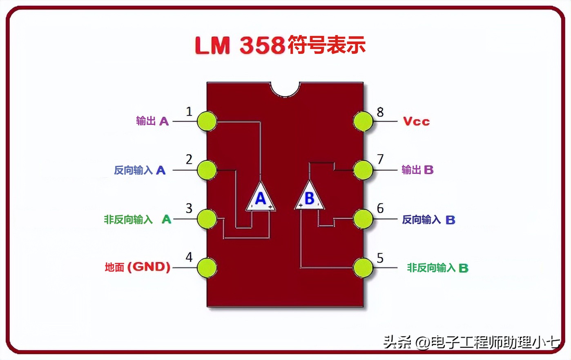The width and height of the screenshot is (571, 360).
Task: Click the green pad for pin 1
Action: coord(207,121)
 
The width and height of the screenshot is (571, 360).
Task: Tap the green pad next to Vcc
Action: coord(363,121)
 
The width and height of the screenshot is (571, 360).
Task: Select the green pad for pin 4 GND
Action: coord(207,268)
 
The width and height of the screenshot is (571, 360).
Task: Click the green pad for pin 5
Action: coord(363,268)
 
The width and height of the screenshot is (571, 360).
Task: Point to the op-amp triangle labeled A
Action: coord(261,198)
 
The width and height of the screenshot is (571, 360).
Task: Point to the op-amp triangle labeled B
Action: coord(309,198)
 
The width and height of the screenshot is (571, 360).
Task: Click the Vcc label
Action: coord(416,122)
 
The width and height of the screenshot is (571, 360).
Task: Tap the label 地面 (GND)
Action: coord(137,267)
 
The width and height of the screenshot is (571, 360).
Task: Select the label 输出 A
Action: coord(152,121)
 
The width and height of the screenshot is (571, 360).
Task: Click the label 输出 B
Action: coord(417,170)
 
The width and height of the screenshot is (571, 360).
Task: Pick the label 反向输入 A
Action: coord(139,170)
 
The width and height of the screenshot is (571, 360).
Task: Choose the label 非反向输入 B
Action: coord(437,268)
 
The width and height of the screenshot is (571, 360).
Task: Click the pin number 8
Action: coord(380,112)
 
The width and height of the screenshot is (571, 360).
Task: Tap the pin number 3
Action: coord(189,209)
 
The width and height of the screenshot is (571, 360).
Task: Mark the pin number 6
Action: coord(380,209)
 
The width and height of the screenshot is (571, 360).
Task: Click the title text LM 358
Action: coord(240,45)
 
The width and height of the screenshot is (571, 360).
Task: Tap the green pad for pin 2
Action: coord(207,170)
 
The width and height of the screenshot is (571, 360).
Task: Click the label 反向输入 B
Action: coord(428,220)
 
